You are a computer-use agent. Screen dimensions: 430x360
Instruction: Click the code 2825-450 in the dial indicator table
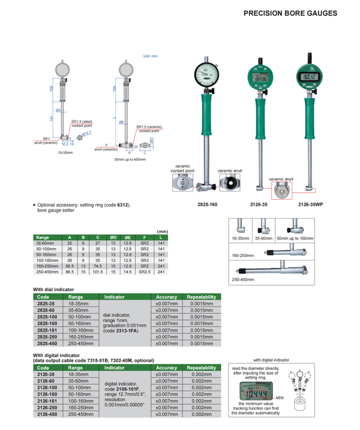pos(47,343)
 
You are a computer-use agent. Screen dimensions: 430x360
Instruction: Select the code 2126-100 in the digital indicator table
pos(47,388)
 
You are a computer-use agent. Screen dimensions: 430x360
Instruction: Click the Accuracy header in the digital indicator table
pos(166,367)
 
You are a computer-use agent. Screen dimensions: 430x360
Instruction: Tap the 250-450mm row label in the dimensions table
pos(47,271)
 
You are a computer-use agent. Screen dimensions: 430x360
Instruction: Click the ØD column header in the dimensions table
pos(113,237)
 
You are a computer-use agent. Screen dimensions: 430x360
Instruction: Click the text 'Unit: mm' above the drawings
pos(151,56)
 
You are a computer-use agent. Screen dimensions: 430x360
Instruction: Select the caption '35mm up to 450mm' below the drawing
pos(130,159)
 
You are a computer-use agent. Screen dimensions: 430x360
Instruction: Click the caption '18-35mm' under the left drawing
pos(66,152)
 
